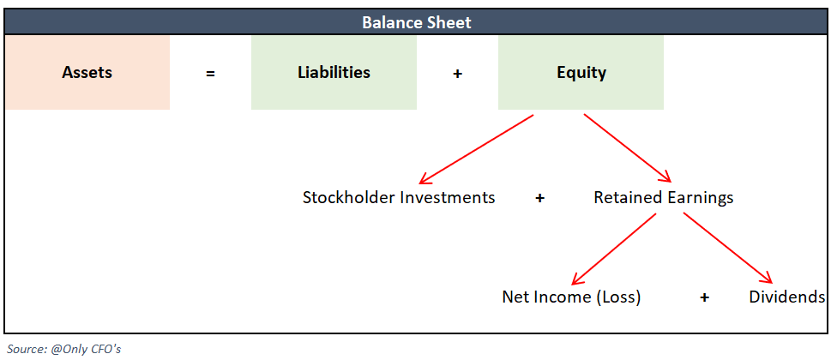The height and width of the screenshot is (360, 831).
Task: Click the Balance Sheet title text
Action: pos(416,22)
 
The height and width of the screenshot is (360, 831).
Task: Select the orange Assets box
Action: pos(87,72)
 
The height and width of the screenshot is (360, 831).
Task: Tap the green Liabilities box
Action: pos(334,72)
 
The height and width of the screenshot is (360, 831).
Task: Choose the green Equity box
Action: pos(581,72)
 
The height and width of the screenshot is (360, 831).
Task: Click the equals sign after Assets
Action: pos(210,74)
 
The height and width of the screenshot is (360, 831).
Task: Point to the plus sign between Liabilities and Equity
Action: pos(457,74)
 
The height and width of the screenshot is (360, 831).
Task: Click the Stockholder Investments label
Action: pos(399,198)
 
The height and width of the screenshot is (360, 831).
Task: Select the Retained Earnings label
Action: pos(663,198)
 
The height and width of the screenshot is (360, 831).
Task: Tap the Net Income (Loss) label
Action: pos(571,297)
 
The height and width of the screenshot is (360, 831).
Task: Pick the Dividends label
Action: pos(786,297)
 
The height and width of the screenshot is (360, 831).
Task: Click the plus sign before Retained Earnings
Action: pos(539,198)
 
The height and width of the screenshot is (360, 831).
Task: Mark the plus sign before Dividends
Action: pos(704,297)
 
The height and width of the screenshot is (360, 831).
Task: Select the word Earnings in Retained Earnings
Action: pos(698,198)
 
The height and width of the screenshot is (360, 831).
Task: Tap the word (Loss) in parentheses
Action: pos(618,297)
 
